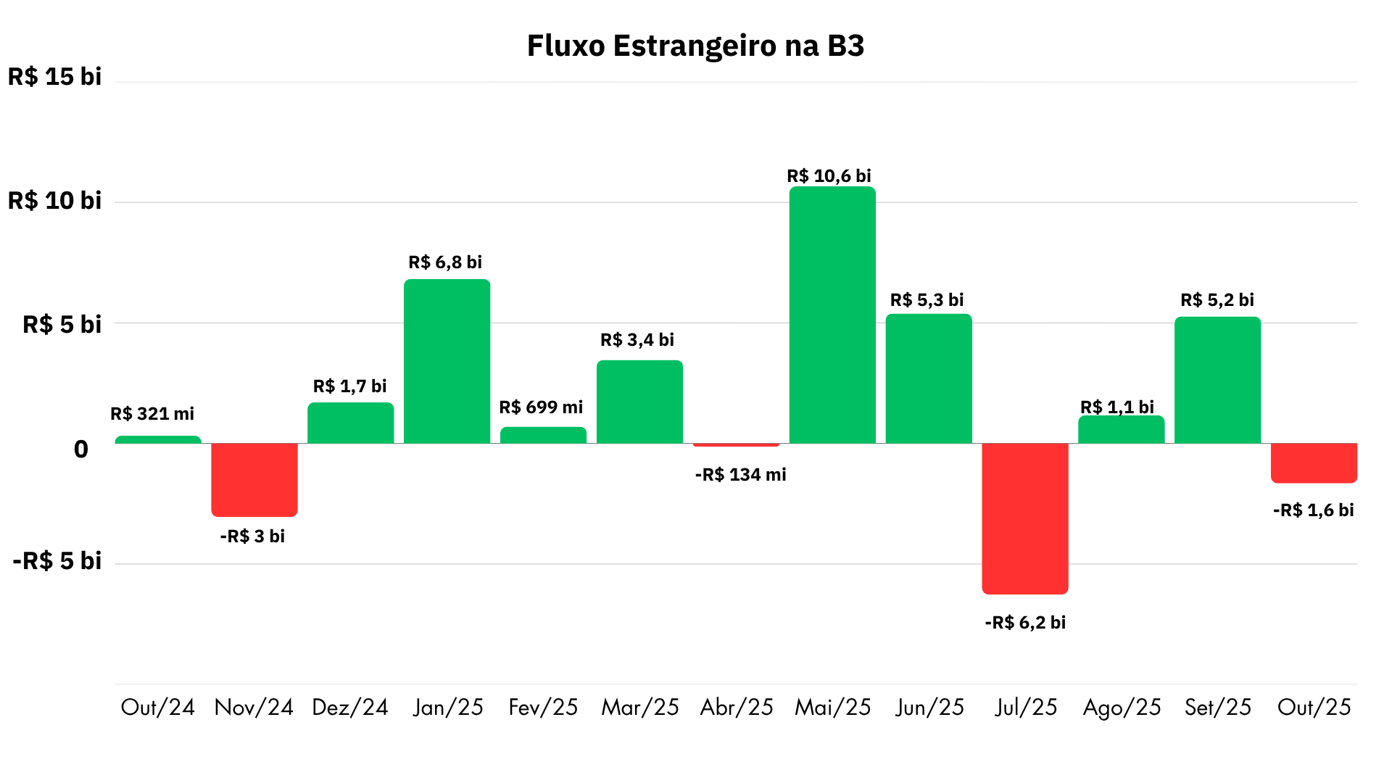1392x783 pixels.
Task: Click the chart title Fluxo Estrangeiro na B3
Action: pyautogui.click(x=695, y=46)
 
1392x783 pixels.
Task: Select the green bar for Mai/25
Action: pyautogui.click(x=832, y=315)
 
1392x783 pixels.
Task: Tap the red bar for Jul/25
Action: pyautogui.click(x=1025, y=518)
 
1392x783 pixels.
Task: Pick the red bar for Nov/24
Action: pyautogui.click(x=254, y=479)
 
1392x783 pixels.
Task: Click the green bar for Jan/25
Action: pyautogui.click(x=447, y=361)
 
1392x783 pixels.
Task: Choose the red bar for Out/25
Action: pyautogui.click(x=1314, y=463)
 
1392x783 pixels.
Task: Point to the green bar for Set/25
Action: pyautogui.click(x=1217, y=380)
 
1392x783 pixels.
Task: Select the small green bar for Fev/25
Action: pyautogui.click(x=543, y=435)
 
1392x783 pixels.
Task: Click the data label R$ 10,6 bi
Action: pyautogui.click(x=829, y=176)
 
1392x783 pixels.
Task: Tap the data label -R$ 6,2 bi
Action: pyautogui.click(x=1025, y=623)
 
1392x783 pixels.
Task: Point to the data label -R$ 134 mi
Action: pyautogui.click(x=740, y=475)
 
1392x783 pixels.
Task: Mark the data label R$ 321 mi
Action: pyautogui.click(x=152, y=414)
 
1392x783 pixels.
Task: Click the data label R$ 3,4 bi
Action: pyautogui.click(x=637, y=340)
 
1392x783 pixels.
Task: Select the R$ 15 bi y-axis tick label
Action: pyautogui.click(x=54, y=77)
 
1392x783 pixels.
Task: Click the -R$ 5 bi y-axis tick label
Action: pyautogui.click(x=57, y=561)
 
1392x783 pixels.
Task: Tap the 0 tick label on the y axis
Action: pyautogui.click(x=81, y=449)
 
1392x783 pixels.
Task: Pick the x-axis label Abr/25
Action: pyautogui.click(x=737, y=707)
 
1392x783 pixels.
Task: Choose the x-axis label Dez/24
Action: pyautogui.click(x=350, y=707)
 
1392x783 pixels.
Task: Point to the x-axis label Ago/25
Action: pyautogui.click(x=1122, y=707)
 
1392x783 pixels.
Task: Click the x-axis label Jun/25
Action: pyautogui.click(x=929, y=707)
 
